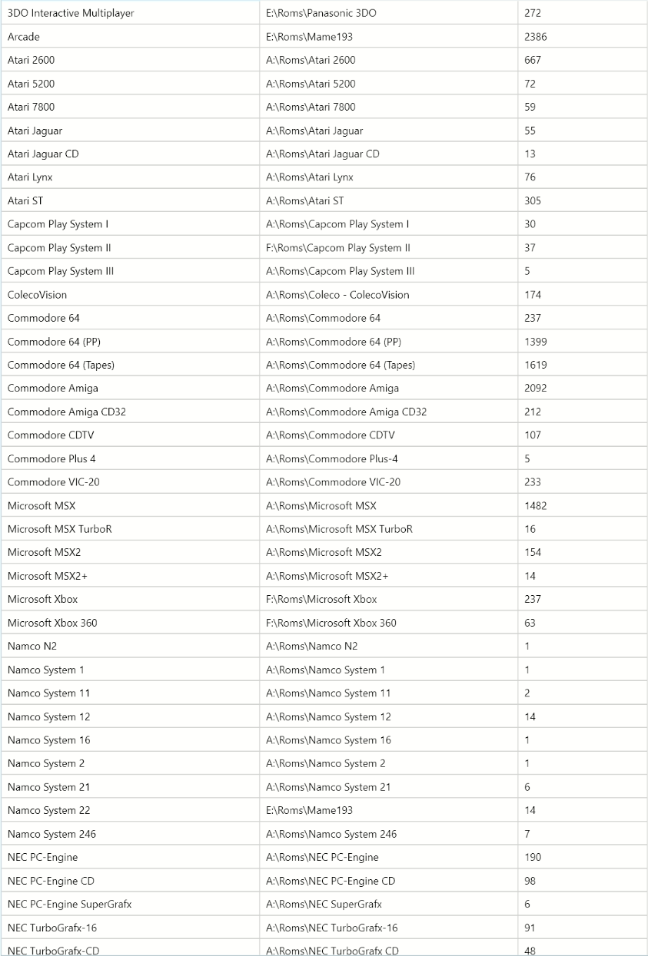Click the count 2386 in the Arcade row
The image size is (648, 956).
[536, 37]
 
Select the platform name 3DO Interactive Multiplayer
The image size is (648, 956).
[71, 13]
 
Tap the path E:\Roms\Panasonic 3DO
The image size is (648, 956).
[321, 13]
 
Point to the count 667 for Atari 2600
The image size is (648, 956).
[533, 60]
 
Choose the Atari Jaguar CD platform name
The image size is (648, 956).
[43, 154]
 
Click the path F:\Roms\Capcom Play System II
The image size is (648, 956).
[338, 248]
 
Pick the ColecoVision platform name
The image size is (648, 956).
[37, 295]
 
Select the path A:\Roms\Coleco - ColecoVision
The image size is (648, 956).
[337, 295]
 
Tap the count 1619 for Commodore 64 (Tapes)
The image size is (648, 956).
[536, 365]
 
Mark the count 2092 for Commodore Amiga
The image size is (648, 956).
[536, 389]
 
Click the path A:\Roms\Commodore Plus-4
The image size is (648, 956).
[332, 459]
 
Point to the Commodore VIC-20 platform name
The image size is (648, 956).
[54, 482]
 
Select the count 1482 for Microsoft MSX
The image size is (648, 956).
[536, 506]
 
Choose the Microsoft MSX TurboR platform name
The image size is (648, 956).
[60, 529]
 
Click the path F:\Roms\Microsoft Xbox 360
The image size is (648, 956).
[331, 623]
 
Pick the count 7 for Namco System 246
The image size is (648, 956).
[527, 834]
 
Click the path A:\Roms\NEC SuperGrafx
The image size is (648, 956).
[324, 905]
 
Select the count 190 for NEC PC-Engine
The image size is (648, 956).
[533, 857]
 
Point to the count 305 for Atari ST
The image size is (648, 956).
[533, 200]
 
